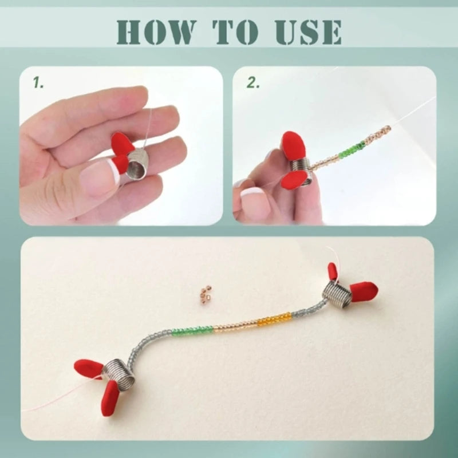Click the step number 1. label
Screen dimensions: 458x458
(38, 83)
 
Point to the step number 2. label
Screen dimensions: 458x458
(252, 83)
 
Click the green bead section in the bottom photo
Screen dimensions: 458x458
(194, 330)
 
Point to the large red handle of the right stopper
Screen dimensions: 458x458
(363, 290)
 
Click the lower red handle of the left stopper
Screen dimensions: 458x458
(109, 398)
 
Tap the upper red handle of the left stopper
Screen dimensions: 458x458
(89, 366)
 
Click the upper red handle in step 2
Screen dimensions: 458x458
(294, 144)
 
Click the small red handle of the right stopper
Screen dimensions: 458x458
(333, 271)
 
